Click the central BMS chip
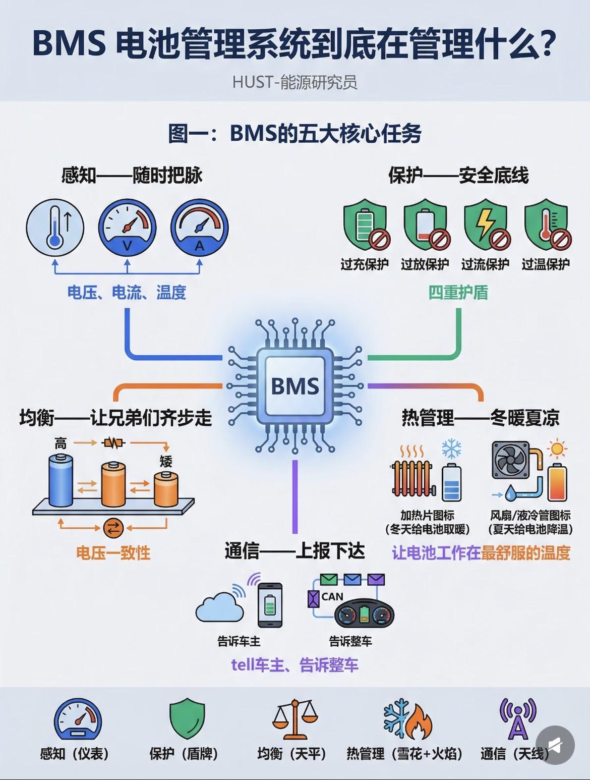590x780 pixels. coord(295,386)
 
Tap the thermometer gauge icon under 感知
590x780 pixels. coord(55,228)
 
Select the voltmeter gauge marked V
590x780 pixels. coord(127,228)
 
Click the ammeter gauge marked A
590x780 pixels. coord(200,228)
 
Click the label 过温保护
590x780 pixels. coord(546,264)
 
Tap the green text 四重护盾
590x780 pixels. coord(458,293)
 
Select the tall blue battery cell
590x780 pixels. coord(61,480)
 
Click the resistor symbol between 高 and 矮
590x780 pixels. coord(113,443)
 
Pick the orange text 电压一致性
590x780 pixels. coord(113,553)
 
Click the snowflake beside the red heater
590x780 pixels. coord(452,450)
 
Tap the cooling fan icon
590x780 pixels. coord(510,460)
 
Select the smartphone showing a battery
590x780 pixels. coord(270,605)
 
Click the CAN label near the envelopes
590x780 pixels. coord(332,597)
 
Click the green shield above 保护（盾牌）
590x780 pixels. coord(187,718)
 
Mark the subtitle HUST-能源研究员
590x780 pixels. coord(295,82)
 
